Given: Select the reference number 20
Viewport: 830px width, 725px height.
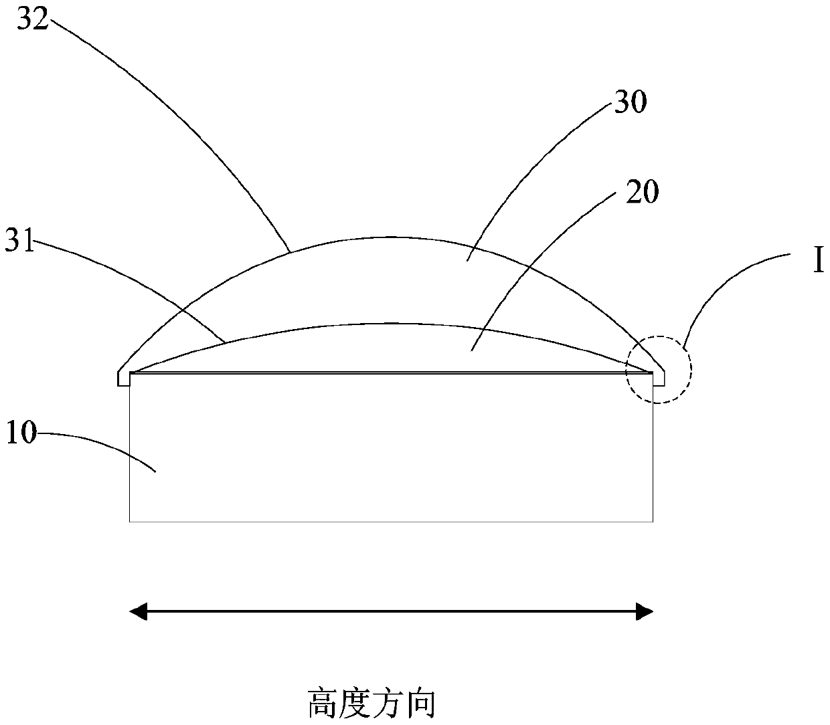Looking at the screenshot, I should point(642,193).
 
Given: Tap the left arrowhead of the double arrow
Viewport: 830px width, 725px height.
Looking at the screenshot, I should point(137,611).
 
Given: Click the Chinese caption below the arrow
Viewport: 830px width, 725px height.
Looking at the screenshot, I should point(371,703).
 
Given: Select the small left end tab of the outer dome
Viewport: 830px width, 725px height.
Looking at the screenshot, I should point(123,379).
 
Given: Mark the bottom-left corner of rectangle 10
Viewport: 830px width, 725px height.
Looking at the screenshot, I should point(130,521).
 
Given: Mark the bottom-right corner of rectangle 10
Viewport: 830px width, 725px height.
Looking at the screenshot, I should point(653,521).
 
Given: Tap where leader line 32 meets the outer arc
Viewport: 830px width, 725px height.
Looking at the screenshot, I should point(290,251).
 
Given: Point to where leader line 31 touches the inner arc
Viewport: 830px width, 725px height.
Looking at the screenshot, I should point(225,342).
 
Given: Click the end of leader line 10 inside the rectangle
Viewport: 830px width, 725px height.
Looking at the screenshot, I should point(155,472).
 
